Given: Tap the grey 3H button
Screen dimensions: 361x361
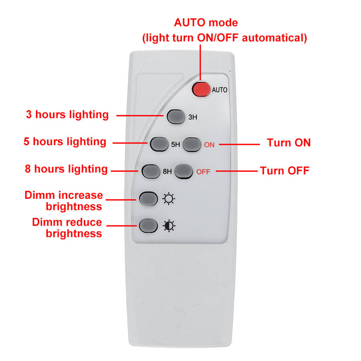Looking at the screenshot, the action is coord(176,117).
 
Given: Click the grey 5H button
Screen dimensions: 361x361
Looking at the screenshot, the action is coord(159,144).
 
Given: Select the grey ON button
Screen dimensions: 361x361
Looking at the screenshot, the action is coord(192,144).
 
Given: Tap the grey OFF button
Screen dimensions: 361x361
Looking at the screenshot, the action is coord(183,172).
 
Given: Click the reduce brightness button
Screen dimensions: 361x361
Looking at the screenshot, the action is coord(148,225).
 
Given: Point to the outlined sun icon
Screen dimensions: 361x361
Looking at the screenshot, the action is coord(169,199).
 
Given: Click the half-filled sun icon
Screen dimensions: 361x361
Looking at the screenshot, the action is coord(169,226).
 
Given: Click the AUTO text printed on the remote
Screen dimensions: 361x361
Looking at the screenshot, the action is coord(219,90).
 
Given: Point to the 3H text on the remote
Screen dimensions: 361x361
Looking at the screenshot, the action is coord(193,117).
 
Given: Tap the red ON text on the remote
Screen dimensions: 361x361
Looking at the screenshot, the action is coord(209,145).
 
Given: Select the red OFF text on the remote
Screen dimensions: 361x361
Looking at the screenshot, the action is coord(203,172).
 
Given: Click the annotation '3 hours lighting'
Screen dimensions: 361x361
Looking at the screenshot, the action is coord(67,115).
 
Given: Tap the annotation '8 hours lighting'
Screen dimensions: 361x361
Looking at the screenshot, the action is coord(66,169).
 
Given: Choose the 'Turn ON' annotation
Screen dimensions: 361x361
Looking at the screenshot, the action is coord(289,143).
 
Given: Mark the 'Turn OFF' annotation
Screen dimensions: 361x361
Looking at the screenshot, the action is coord(284,171).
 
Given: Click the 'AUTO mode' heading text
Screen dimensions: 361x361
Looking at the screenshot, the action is coord(206,23).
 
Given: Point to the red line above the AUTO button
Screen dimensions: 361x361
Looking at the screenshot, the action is coord(200,63).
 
